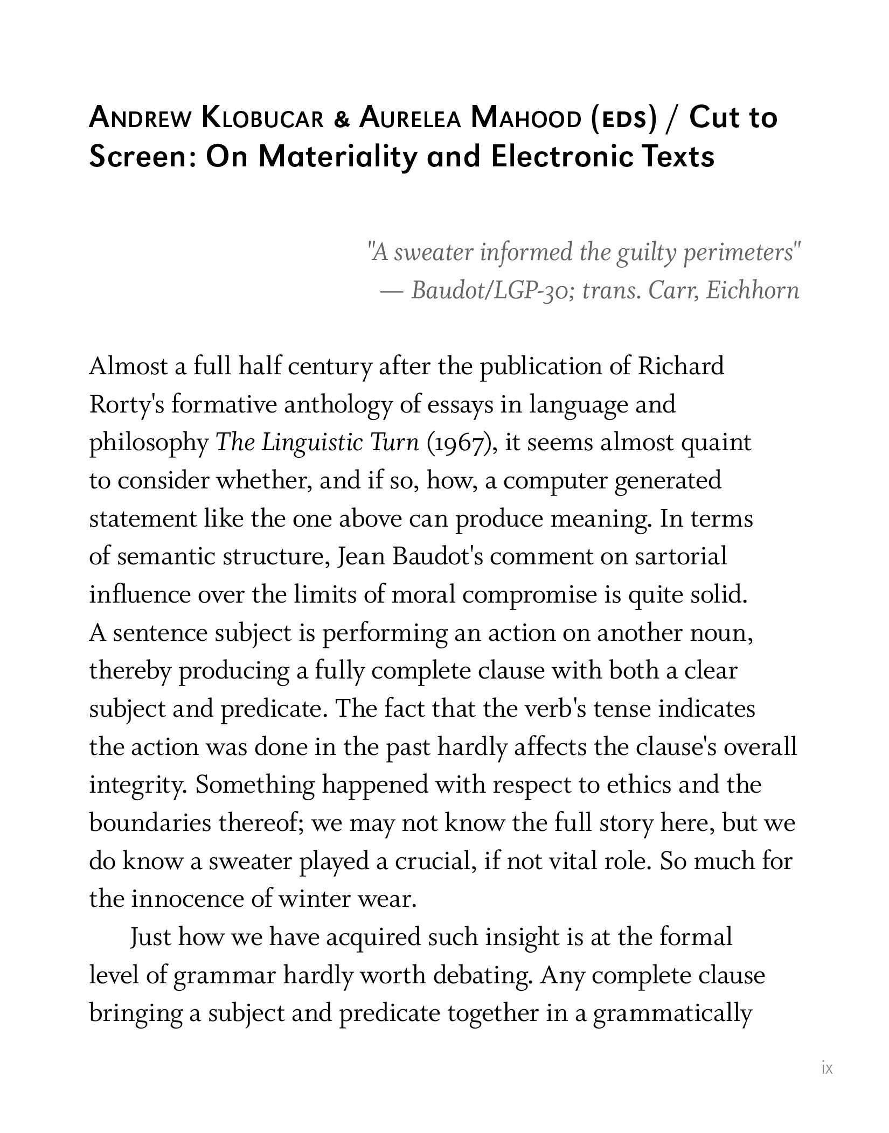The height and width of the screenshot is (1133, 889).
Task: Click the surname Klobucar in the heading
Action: [263, 118]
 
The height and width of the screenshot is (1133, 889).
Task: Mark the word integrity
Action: [138, 785]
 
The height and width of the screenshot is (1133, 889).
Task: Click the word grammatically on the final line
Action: [672, 1013]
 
